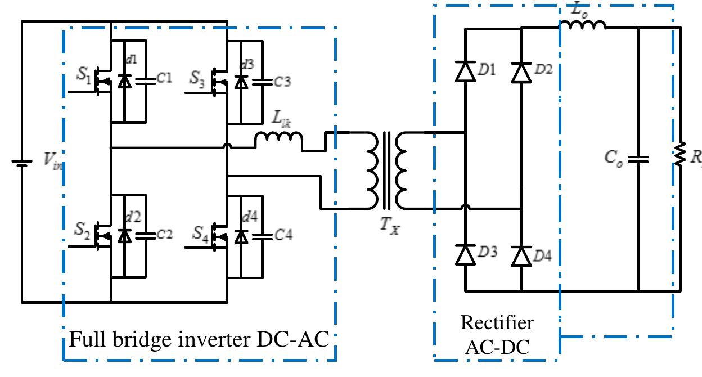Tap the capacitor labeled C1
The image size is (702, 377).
[x=146, y=80]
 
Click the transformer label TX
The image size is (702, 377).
[x=388, y=227]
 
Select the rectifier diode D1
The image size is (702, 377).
[x=465, y=72]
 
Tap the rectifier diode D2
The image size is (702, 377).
[x=521, y=72]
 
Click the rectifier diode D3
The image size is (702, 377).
[x=465, y=255]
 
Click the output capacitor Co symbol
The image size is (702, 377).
[x=638, y=159]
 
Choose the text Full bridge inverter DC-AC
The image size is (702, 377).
[x=199, y=339]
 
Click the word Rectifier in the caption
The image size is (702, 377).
[x=497, y=323]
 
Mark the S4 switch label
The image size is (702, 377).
[x=200, y=232]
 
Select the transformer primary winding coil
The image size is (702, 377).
[x=373, y=170]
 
